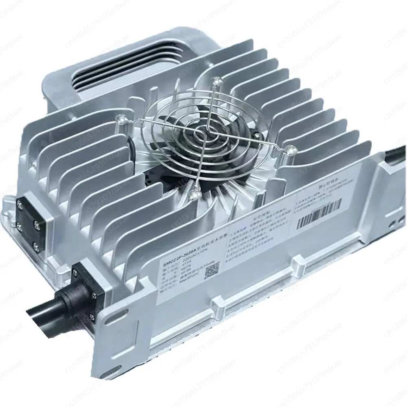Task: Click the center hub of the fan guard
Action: (x=202, y=134)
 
